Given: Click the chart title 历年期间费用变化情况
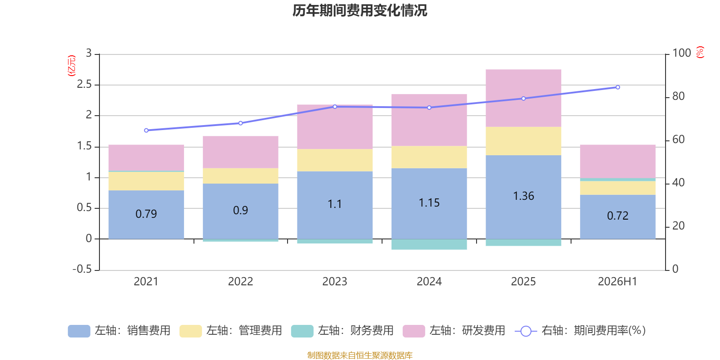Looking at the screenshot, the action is tap(360, 11).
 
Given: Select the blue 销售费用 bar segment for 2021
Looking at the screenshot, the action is tap(146, 214).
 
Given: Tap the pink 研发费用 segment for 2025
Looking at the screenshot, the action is tap(523, 98).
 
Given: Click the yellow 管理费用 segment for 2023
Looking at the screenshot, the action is tap(335, 160).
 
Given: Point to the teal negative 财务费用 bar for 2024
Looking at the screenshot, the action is tap(429, 244).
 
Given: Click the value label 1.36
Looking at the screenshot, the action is tap(523, 196).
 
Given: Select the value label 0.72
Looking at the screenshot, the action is tap(617, 216).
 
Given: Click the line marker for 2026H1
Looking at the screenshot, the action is tap(618, 87).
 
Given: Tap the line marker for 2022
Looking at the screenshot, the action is tap(240, 123).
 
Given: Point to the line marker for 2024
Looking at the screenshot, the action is tap(429, 108).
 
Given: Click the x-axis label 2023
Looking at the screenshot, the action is tap(335, 282).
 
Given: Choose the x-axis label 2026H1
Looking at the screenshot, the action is tap(617, 282).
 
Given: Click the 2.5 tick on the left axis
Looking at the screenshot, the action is tap(84, 84).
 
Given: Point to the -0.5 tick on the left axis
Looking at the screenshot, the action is tap(82, 269).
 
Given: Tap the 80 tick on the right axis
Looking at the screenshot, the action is tap(679, 96).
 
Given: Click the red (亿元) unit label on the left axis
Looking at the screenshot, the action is tap(72, 66).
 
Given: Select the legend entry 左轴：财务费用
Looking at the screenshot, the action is tap(342, 331).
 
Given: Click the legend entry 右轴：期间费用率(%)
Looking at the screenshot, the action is tap(580, 331).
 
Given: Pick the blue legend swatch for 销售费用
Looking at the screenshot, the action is tap(79, 331).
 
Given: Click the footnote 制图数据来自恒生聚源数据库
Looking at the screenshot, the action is tap(360, 355).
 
